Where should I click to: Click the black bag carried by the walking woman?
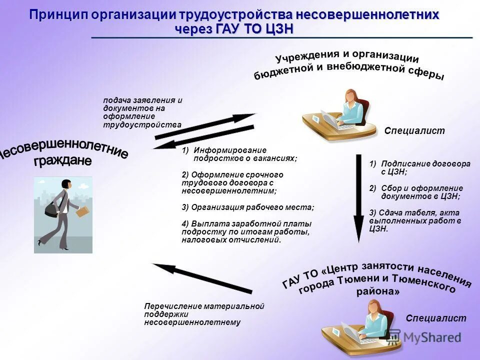pyautogui.click(x=51, y=207)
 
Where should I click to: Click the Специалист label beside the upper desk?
pyautogui.click(x=414, y=131)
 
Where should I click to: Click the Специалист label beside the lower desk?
pyautogui.click(x=435, y=318)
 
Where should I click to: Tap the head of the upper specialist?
pyautogui.click(x=351, y=96)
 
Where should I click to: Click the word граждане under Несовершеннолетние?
pyautogui.click(x=62, y=161)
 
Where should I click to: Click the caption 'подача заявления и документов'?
pyautogui.click(x=142, y=104)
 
